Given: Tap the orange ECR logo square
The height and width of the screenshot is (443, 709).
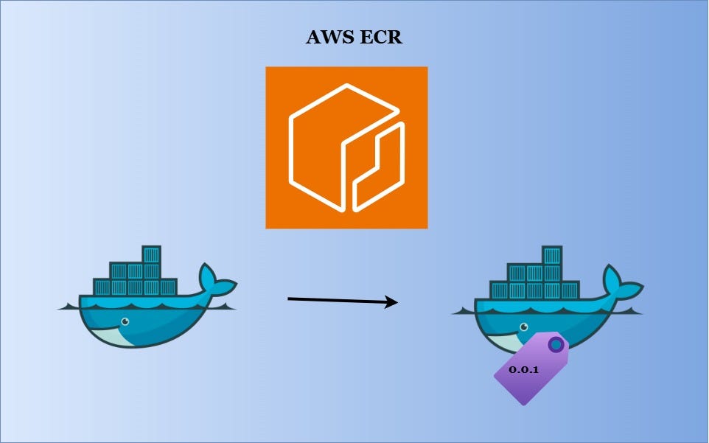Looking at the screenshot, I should [346, 147].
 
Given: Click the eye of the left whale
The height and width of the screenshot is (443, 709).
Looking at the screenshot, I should [125, 321].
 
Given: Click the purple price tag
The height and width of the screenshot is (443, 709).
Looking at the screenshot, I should [529, 369].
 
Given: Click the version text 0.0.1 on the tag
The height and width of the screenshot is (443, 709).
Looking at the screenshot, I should [523, 369].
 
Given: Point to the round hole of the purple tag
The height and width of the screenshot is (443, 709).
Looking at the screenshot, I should [555, 344].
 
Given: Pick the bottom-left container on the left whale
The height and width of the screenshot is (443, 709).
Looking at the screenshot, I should [102, 287].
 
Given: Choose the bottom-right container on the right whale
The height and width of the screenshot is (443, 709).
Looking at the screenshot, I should [567, 290].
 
